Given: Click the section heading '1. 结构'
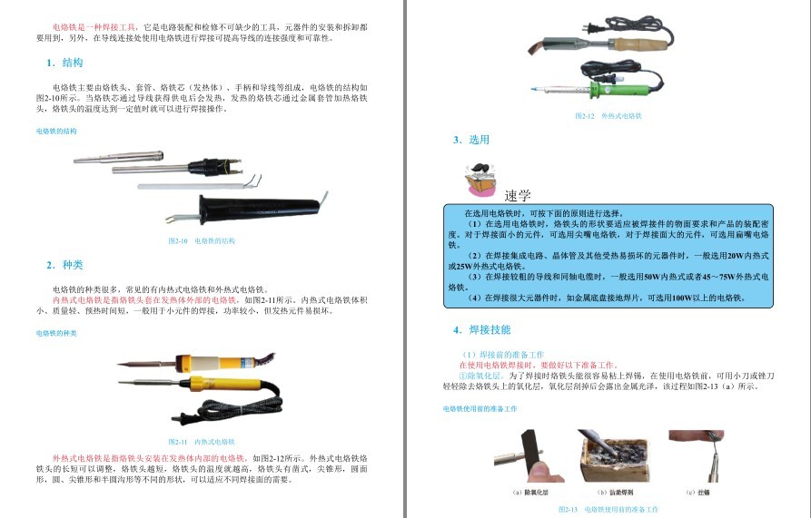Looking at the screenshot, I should coord(64,64).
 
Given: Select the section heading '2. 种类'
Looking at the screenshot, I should coord(64,265).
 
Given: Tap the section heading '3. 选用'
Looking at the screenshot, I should coord(471,140).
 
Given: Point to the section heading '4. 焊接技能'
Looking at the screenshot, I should coord(481,329).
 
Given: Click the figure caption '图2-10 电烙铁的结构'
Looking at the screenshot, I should coord(202,241).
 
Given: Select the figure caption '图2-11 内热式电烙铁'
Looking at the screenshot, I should coord(202,441).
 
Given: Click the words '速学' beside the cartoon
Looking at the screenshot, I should coord(518,195).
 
